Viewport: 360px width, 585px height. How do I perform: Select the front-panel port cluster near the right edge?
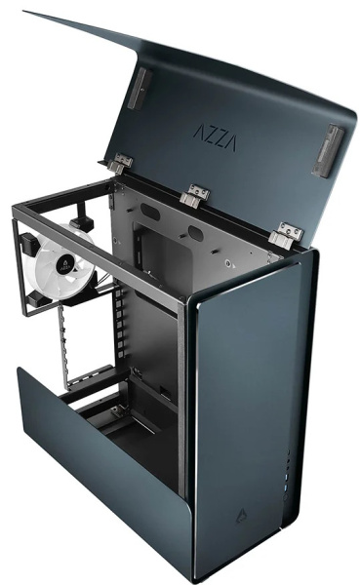pos(286,467)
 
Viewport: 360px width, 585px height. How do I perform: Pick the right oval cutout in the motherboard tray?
pos(195,233)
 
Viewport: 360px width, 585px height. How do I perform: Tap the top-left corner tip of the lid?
pos(24,13)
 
